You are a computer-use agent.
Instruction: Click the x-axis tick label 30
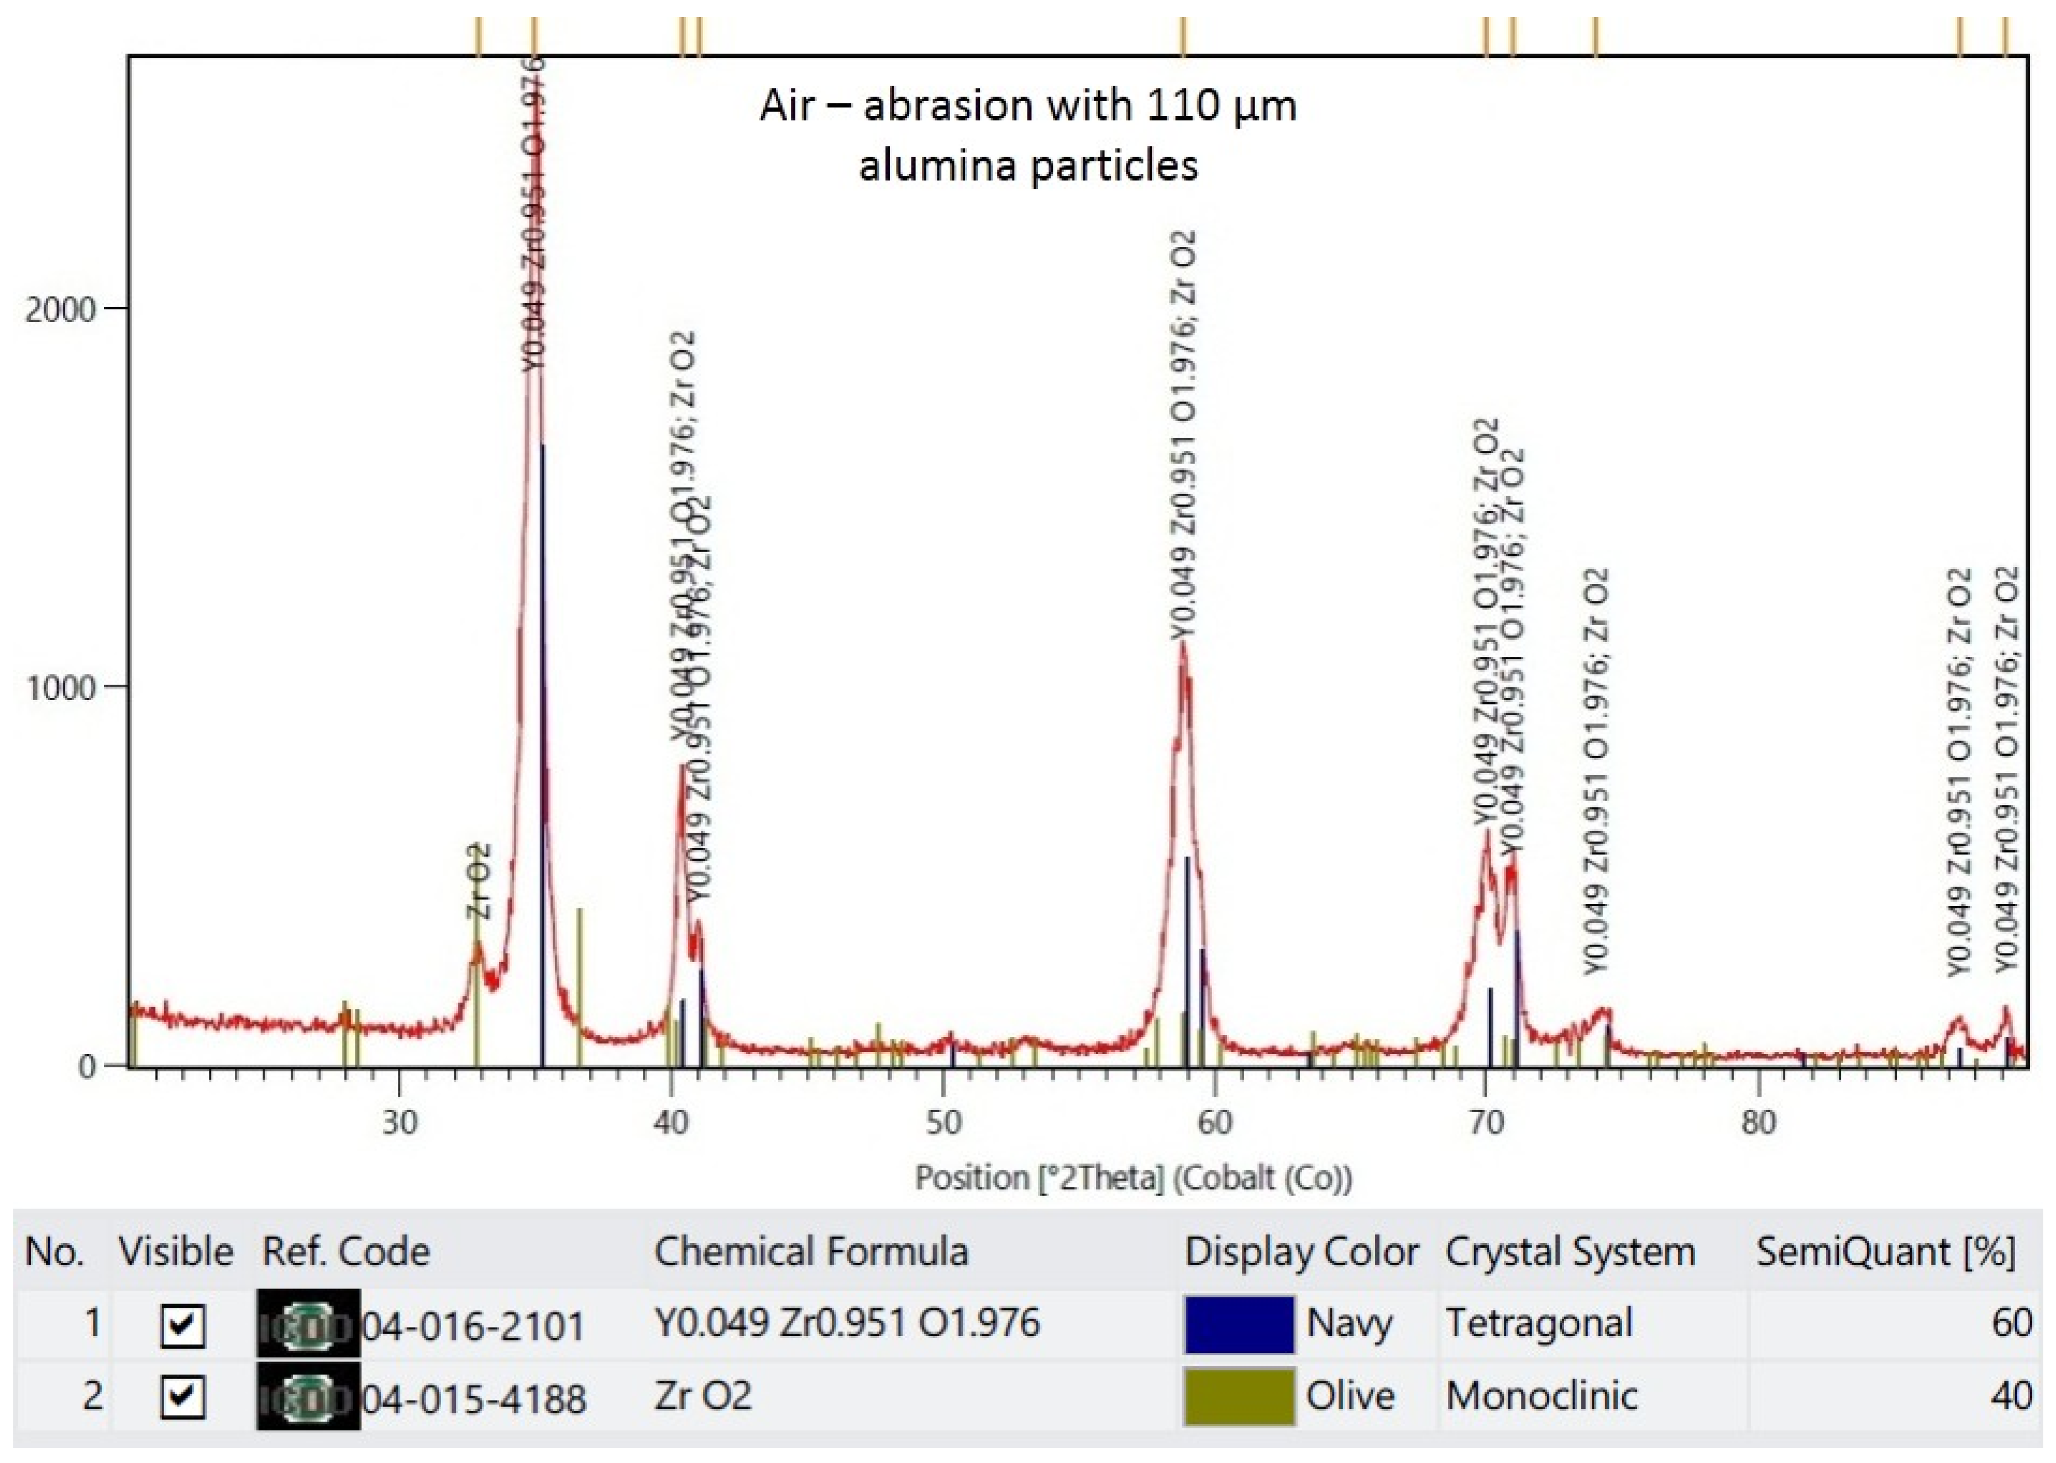tap(399, 1123)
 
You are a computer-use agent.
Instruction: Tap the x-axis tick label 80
tap(1758, 1123)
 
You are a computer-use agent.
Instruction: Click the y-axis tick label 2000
tap(60, 310)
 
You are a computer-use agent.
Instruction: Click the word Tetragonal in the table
tap(1539, 1323)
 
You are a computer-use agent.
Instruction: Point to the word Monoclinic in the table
tap(1541, 1396)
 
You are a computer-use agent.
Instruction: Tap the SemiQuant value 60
tap(2011, 1323)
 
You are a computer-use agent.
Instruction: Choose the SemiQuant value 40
tap(2011, 1396)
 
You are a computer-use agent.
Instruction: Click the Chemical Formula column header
tap(811, 1252)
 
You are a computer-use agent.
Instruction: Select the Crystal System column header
tap(1570, 1252)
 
